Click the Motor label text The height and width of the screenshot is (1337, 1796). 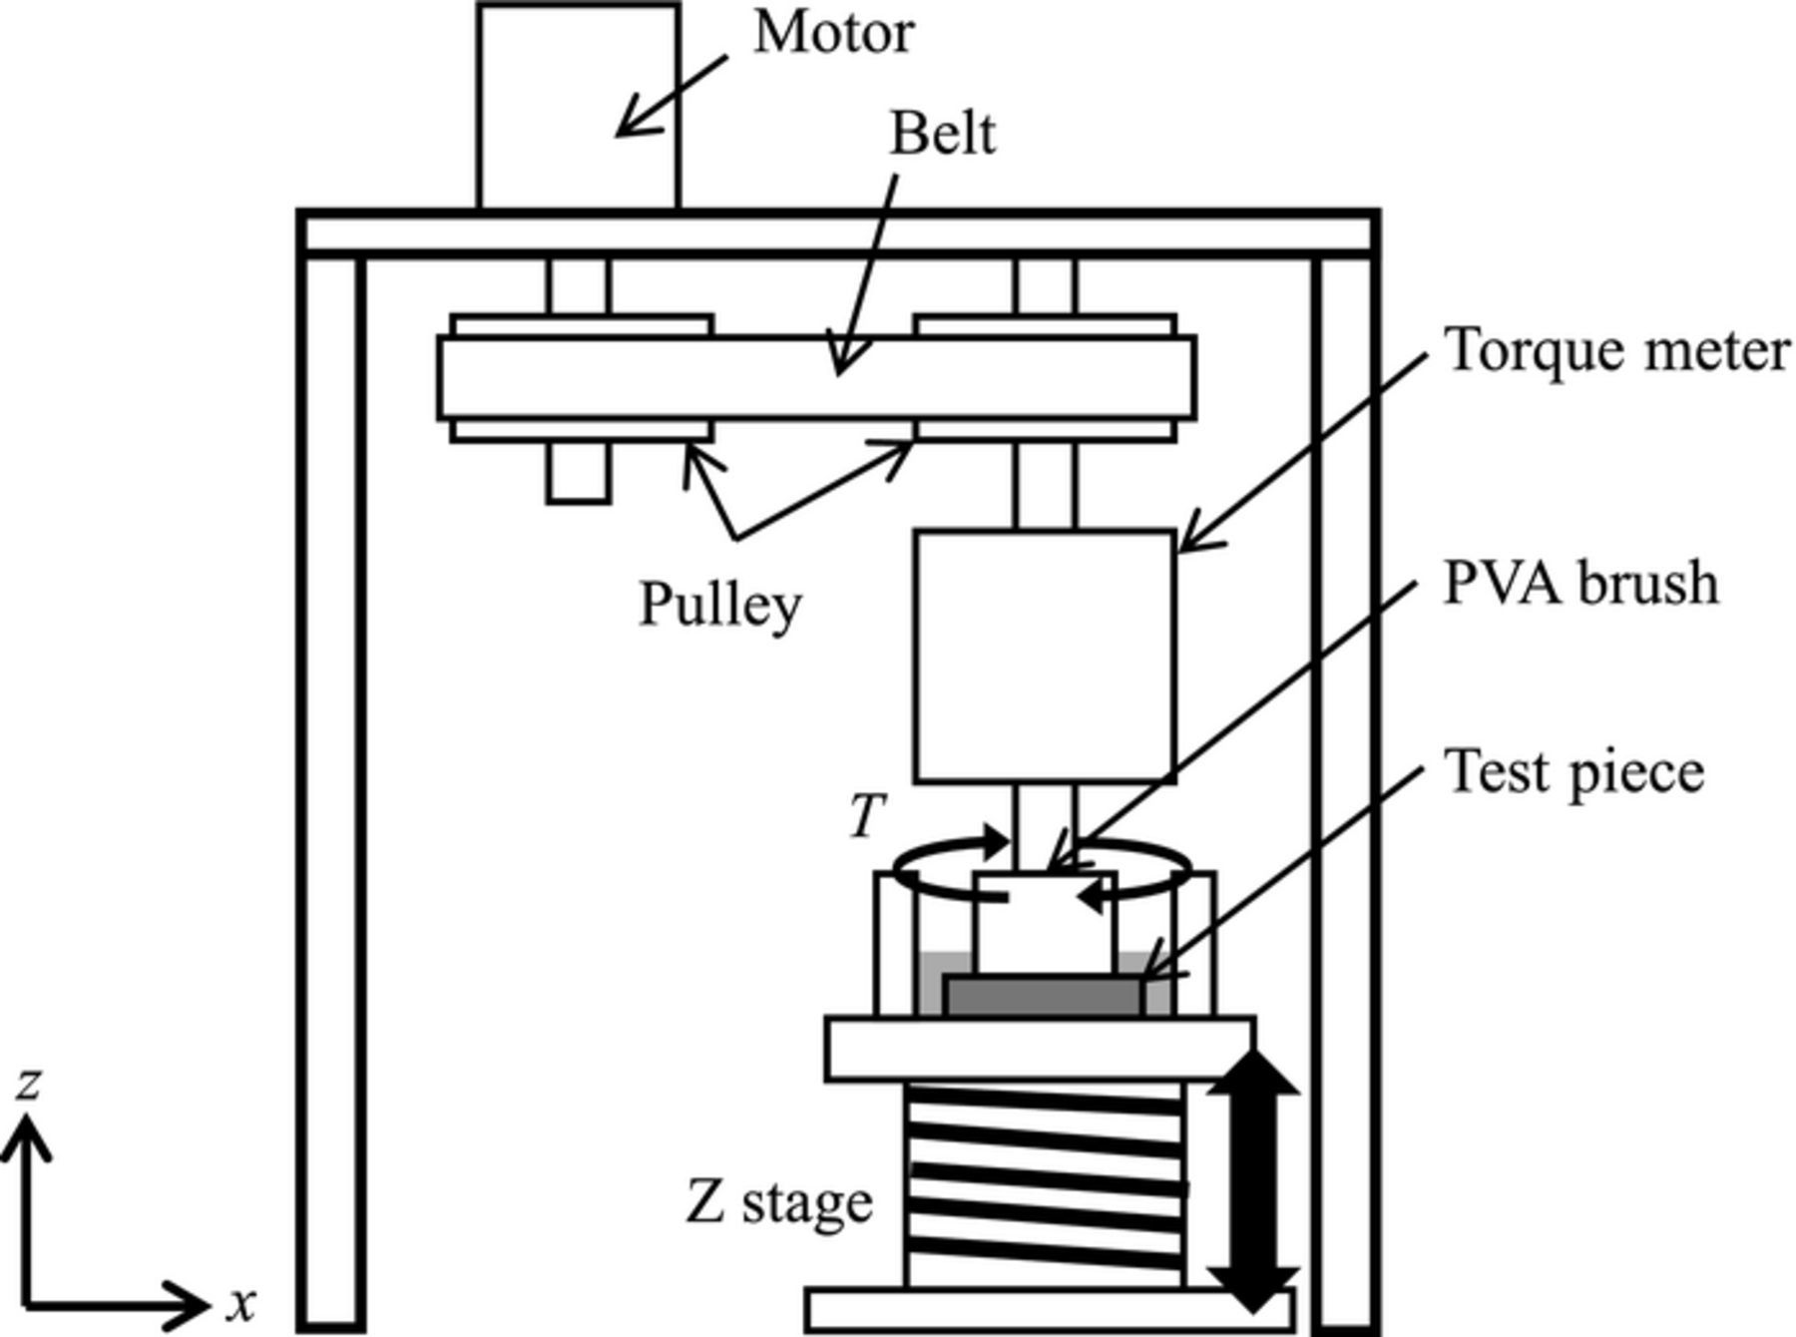coord(833,33)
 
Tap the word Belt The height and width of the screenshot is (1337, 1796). coord(941,135)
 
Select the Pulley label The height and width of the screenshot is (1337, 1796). coord(719,604)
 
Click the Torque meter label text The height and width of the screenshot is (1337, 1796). coord(1616,351)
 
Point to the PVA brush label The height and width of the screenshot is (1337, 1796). coord(1580,584)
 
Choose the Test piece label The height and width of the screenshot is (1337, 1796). coord(1573,772)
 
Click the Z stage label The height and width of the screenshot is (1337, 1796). coord(778,1202)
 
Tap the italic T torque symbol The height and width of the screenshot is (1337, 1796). coord(866,816)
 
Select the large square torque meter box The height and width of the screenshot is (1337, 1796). coord(1045,656)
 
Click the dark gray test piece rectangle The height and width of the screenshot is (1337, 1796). coord(1043,997)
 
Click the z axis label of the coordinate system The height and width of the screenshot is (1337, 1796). coord(28,1083)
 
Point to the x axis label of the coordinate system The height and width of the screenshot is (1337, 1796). coord(241,1303)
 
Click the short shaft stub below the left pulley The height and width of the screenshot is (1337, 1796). coord(578,471)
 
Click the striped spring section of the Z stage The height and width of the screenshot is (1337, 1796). coord(1045,1183)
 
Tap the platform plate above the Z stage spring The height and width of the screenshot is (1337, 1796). coord(1040,1049)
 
